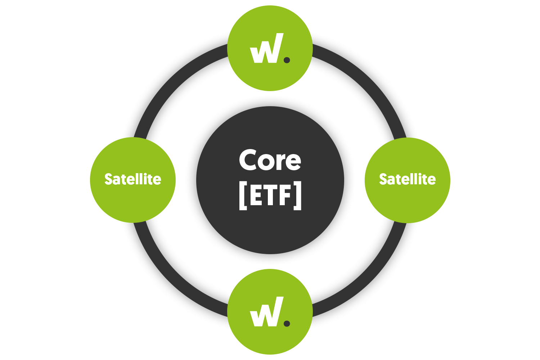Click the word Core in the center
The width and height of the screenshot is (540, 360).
click(x=270, y=161)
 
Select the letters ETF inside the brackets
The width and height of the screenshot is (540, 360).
click(x=270, y=196)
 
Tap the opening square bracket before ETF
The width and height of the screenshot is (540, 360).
click(x=242, y=197)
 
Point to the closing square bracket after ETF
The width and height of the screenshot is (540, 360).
click(x=298, y=197)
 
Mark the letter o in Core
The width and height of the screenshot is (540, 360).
click(x=265, y=162)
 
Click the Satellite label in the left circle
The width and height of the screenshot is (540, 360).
click(x=133, y=179)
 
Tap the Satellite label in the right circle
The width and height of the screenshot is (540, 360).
click(x=408, y=179)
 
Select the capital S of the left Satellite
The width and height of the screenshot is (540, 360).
click(x=108, y=179)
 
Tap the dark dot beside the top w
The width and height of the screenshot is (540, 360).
click(x=287, y=60)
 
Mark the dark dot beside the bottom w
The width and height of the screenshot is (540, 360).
click(x=287, y=323)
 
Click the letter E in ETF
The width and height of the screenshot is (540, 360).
click(x=255, y=196)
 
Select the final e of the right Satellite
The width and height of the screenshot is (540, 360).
click(x=432, y=180)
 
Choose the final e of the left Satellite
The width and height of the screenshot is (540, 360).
click(x=157, y=180)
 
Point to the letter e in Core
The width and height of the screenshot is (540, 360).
click(x=293, y=162)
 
